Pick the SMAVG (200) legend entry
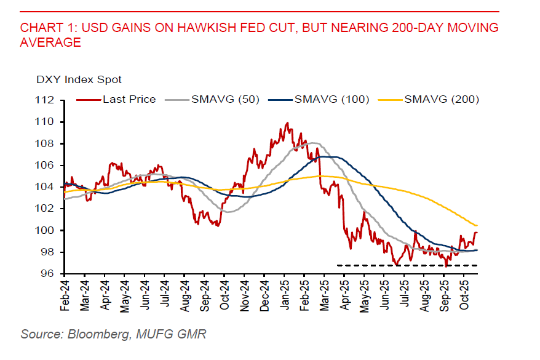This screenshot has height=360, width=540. pyautogui.click(x=442, y=99)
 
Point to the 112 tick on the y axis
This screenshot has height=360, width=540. pyautogui.click(x=47, y=100)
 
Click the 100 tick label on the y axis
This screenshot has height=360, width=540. pyautogui.click(x=47, y=230)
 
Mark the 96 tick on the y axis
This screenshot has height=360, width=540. pyautogui.click(x=49, y=274)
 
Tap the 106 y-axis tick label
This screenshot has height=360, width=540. pyautogui.click(x=47, y=166)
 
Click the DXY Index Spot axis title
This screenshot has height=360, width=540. pyautogui.click(x=79, y=79)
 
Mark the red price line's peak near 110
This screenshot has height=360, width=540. pyautogui.click(x=287, y=123)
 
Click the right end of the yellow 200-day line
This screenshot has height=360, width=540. pyautogui.click(x=477, y=225)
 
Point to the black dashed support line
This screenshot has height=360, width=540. pyautogui.click(x=406, y=265)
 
